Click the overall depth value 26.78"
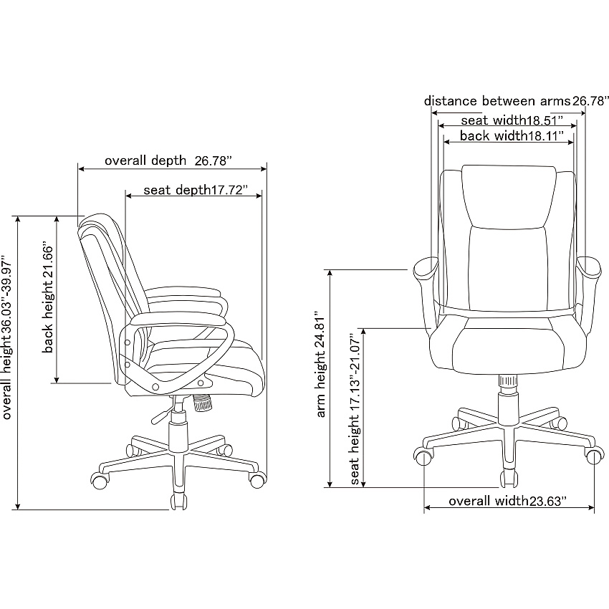pyautogui.click(x=213, y=160)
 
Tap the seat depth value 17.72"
pyautogui.click(x=229, y=190)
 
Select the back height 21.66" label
pyautogui.click(x=48, y=298)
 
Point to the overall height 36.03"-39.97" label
pyautogui.click(x=7, y=337)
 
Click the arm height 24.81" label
pyautogui.click(x=321, y=364)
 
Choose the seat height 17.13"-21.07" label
pyautogui.click(x=355, y=408)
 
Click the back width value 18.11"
pyautogui.click(x=545, y=136)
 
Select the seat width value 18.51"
pyautogui.click(x=544, y=120)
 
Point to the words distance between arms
pyautogui.click(x=497, y=101)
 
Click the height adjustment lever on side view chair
pyautogui.click(x=162, y=415)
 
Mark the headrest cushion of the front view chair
pyautogui.click(x=509, y=196)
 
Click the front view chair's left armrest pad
pyautogui.click(x=426, y=270)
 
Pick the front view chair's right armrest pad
pyautogui.click(x=589, y=269)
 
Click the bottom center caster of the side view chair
pyautogui.click(x=178, y=500)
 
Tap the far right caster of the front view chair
pyautogui.click(x=595, y=456)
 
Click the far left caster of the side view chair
pyautogui.click(x=100, y=479)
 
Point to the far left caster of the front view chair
pyautogui.click(x=423, y=456)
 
